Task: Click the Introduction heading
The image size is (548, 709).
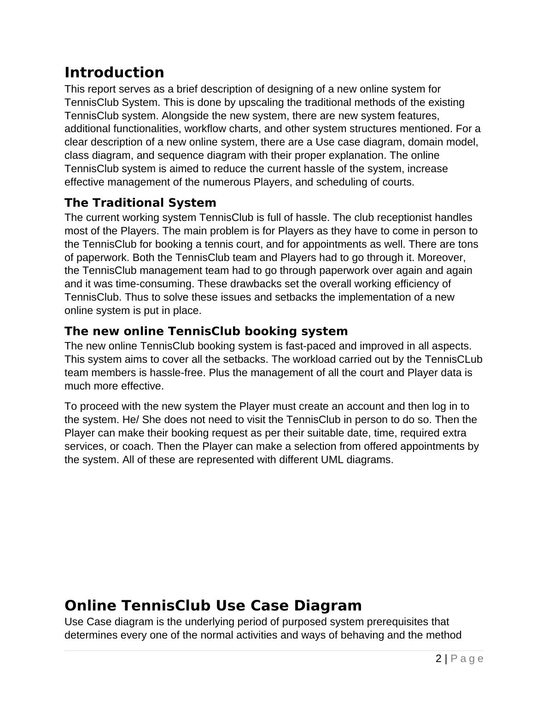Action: (x=114, y=73)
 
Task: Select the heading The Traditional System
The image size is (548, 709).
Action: (x=140, y=203)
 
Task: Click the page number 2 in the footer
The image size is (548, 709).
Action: (x=438, y=659)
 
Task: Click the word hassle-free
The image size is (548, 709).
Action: (x=183, y=372)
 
